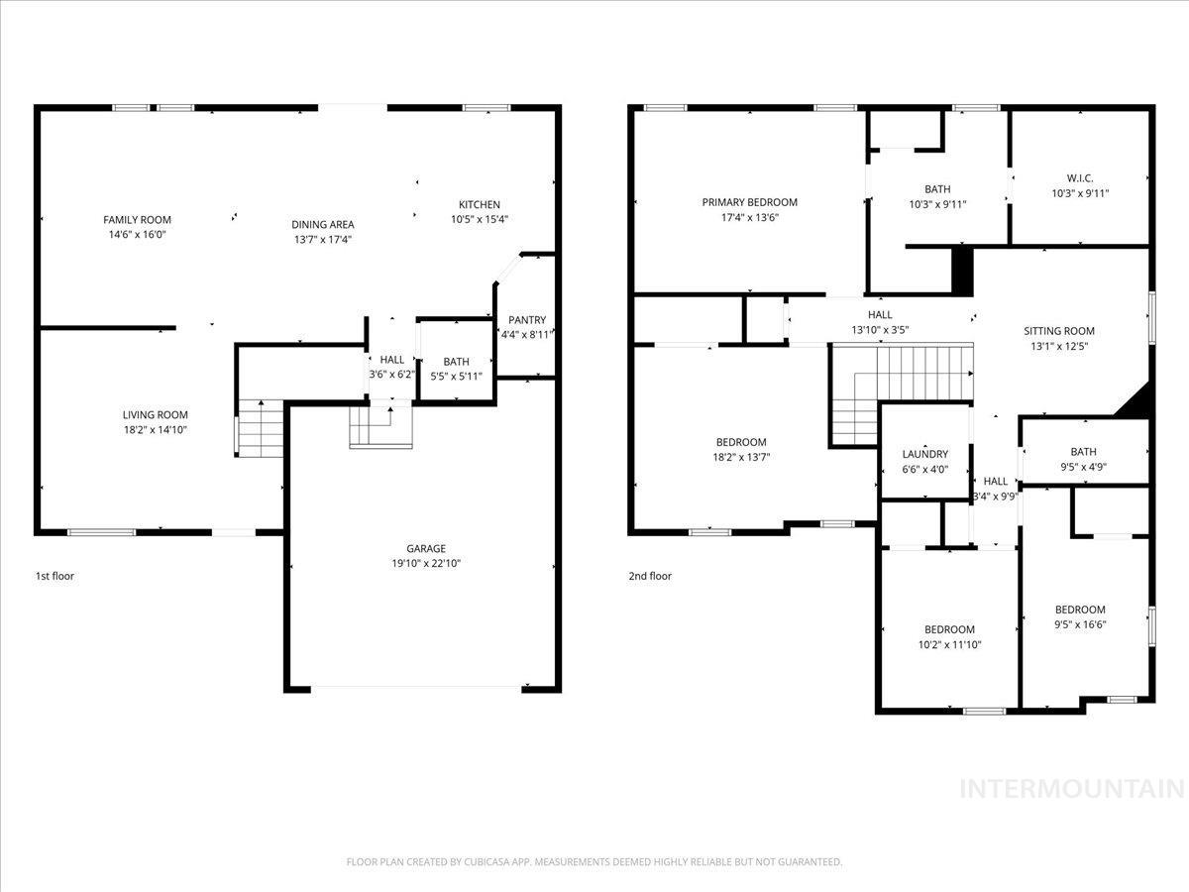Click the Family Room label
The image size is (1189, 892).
pos(138,220)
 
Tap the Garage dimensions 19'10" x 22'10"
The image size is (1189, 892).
pos(426,563)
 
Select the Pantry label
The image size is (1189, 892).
pos(527,320)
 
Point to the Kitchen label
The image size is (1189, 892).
pos(479,205)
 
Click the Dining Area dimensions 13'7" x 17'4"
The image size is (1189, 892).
pos(322,239)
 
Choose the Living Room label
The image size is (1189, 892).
pos(155,415)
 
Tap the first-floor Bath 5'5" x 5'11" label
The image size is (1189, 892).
pos(456,362)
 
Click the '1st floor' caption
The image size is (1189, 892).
pos(54,576)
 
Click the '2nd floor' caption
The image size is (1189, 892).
pos(650,576)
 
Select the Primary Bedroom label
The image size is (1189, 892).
pos(749,202)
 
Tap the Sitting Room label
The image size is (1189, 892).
pos(1059,331)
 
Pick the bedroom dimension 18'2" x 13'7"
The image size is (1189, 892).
pos(741,457)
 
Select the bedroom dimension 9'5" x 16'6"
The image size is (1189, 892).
pos(1079,624)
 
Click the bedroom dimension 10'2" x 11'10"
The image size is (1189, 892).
pos(949,644)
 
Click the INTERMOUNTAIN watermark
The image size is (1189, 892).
pos(1072,789)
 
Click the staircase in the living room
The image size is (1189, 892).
pos(260,429)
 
